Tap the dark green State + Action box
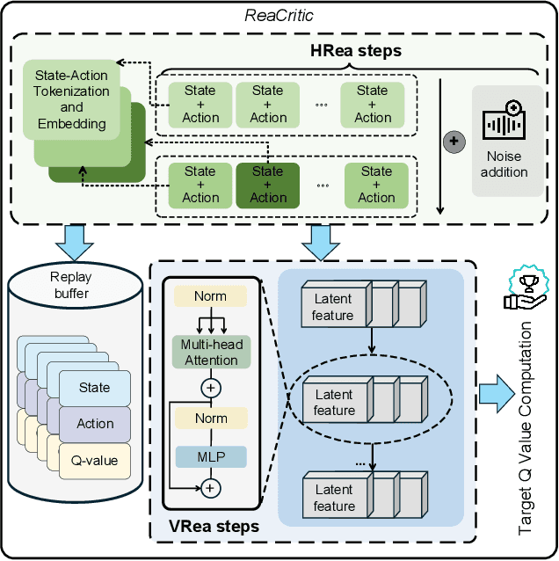click(268, 185)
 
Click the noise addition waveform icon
click(504, 124)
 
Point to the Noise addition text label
click(504, 164)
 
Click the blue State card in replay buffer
click(95, 387)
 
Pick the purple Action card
click(95, 423)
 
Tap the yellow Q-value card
click(95, 459)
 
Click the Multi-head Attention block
click(211, 353)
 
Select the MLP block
click(211, 456)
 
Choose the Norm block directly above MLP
click(211, 419)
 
